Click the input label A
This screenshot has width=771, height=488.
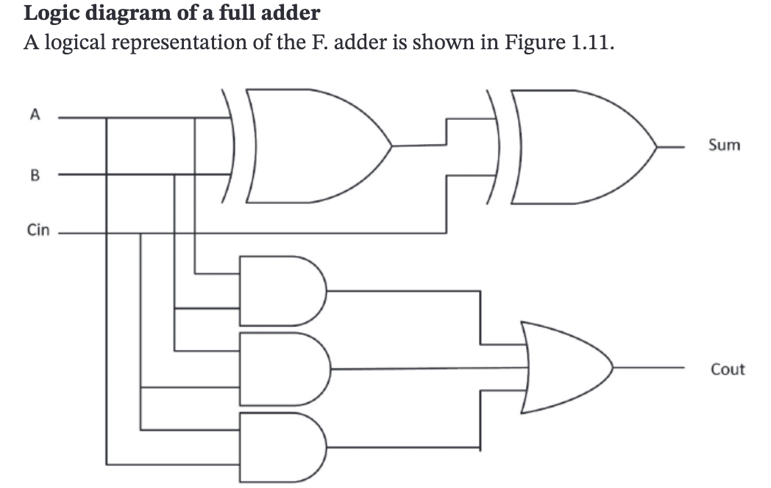click(32, 115)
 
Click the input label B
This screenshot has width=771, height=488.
click(32, 176)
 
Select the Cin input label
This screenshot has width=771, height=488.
click(38, 231)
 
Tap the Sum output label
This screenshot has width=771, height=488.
click(724, 145)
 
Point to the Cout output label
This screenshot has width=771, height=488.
click(727, 369)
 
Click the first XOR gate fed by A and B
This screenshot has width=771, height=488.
click(313, 145)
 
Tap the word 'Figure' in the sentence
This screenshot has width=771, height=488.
click(536, 43)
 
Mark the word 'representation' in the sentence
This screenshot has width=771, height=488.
click(168, 43)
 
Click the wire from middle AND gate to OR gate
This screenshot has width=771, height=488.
click(427, 369)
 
